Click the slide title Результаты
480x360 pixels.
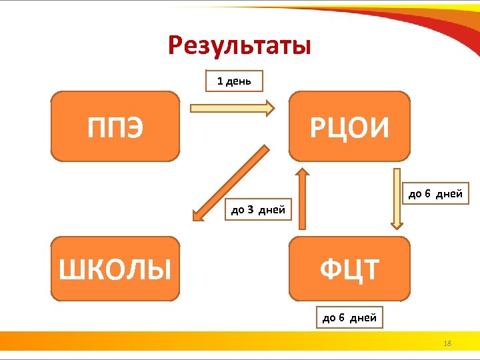[x=239, y=45]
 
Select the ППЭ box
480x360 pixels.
[x=115, y=127]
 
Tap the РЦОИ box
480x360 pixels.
[x=349, y=127]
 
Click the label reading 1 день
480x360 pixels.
[x=233, y=81]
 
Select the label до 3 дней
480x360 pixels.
[x=258, y=210]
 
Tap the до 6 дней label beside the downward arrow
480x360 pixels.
[x=435, y=194]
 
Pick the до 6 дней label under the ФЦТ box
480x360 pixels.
[x=349, y=317]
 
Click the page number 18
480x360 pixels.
[x=447, y=343]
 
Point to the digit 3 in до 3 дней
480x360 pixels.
[x=250, y=211]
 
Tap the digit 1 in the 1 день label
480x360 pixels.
[x=220, y=81]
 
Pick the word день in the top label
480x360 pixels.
[x=238, y=81]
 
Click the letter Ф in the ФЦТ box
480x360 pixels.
[x=330, y=270]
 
